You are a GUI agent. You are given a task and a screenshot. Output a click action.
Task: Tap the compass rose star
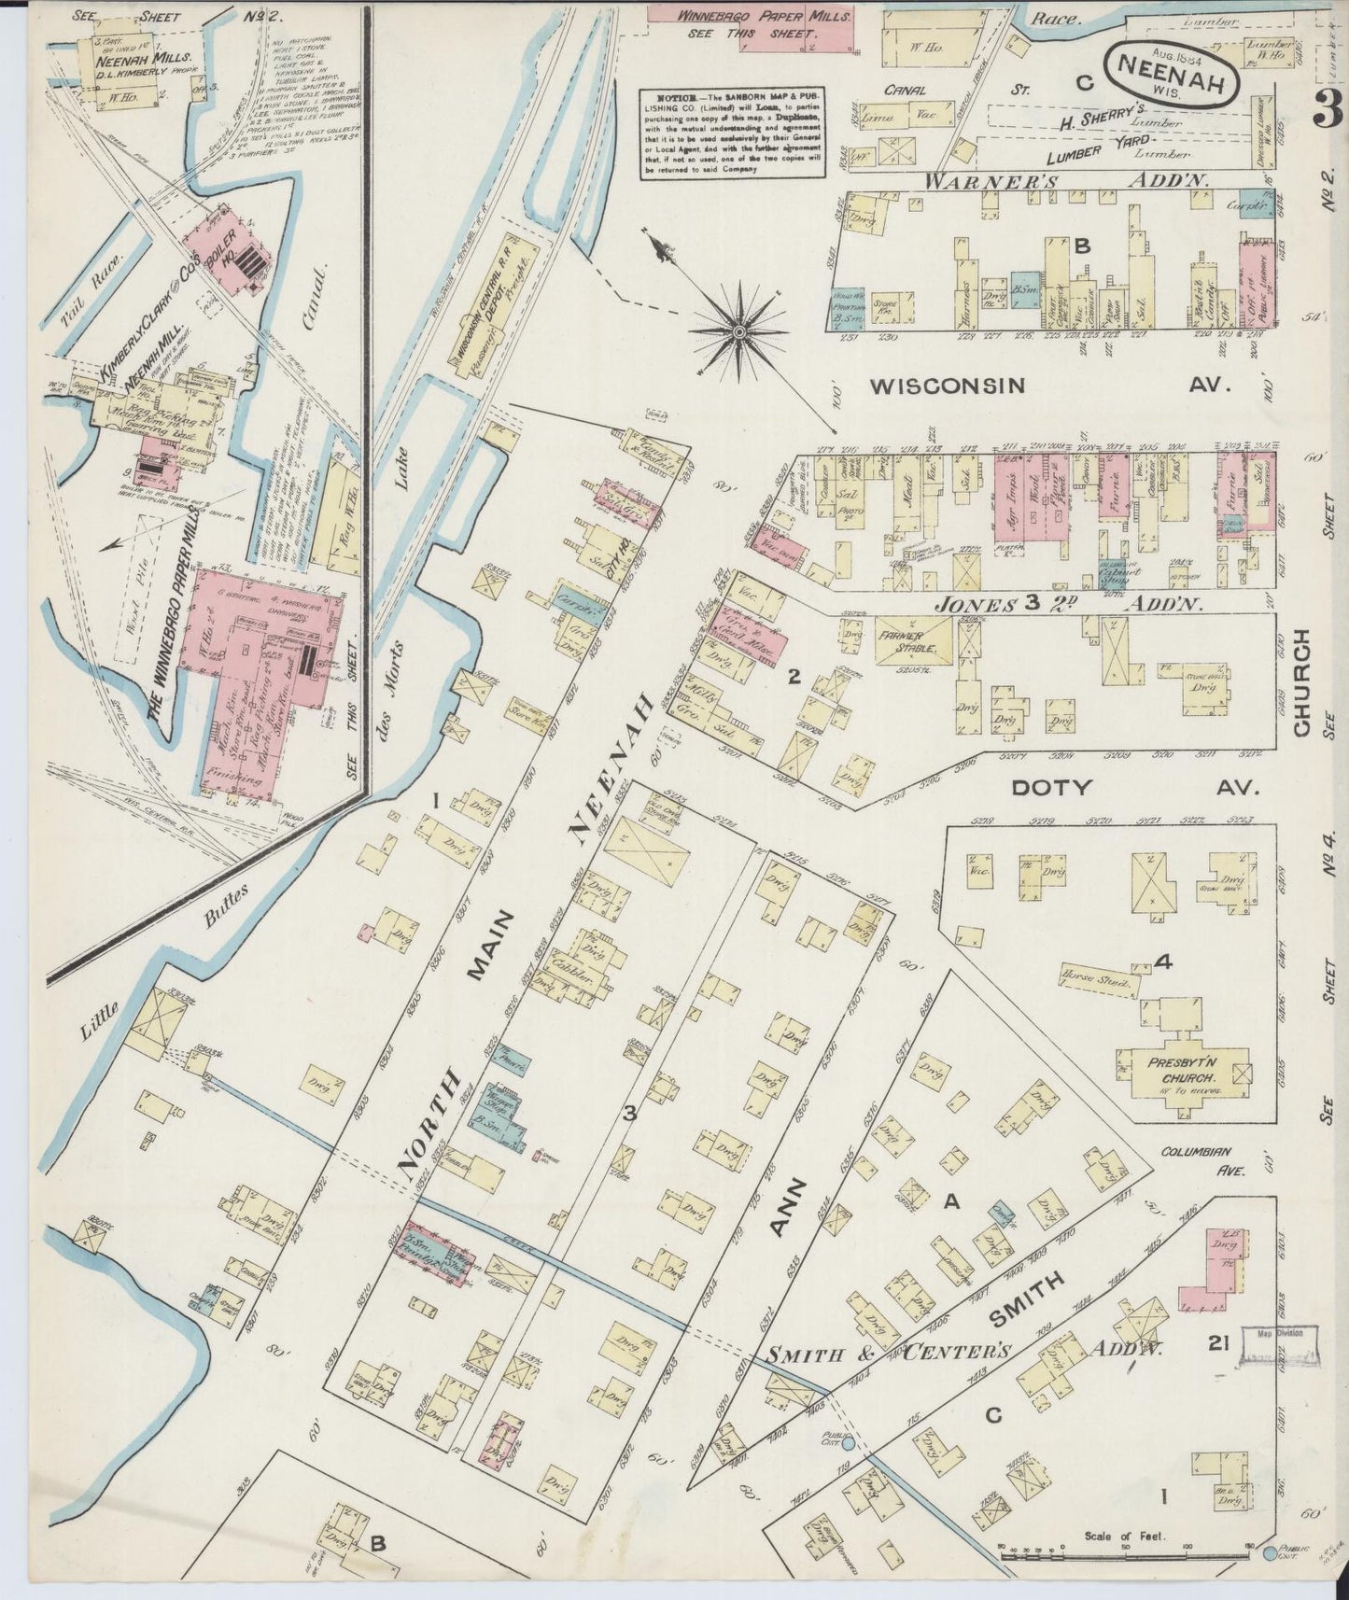click(x=738, y=330)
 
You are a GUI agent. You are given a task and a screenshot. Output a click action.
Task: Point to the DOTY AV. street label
click(x=1135, y=787)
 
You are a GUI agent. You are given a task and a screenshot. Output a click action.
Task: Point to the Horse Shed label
click(x=1095, y=981)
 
